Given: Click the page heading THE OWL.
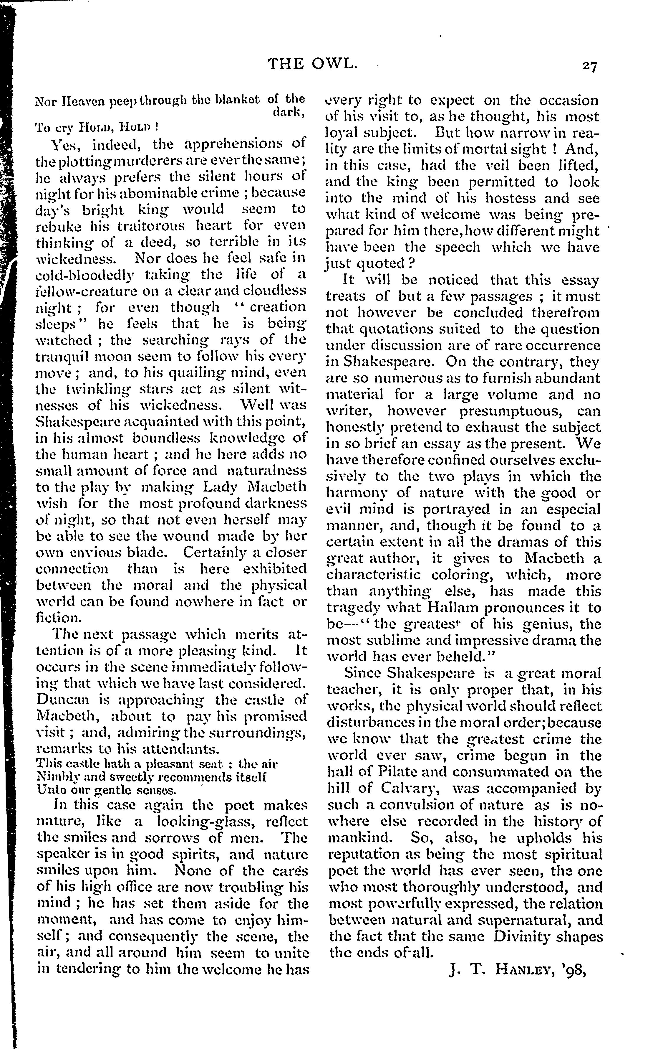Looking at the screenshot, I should (312, 65).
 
